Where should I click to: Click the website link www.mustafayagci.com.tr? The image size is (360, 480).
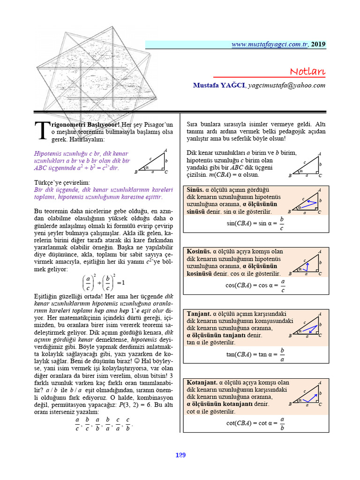pos(270,45)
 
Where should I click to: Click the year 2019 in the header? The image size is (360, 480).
pos(318,45)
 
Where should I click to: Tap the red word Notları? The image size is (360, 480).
pos(307,71)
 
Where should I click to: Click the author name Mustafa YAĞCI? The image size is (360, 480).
pos(218,85)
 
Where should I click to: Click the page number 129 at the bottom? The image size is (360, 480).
pos(180,455)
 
